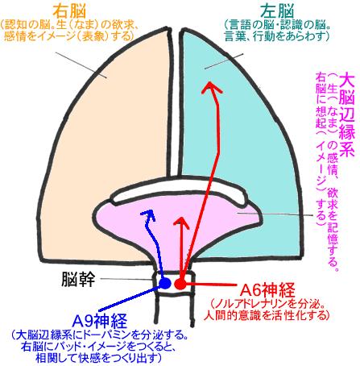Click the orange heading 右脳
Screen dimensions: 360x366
69,11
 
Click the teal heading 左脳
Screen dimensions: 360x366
277,11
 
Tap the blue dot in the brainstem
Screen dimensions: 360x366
165,283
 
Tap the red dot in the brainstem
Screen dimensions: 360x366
180,284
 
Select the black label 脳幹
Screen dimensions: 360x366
78,279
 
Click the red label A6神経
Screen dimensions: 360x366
267,289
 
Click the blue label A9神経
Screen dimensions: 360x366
100,321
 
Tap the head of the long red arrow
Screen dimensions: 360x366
210,82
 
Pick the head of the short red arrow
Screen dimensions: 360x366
182,217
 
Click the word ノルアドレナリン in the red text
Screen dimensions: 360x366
250,304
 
